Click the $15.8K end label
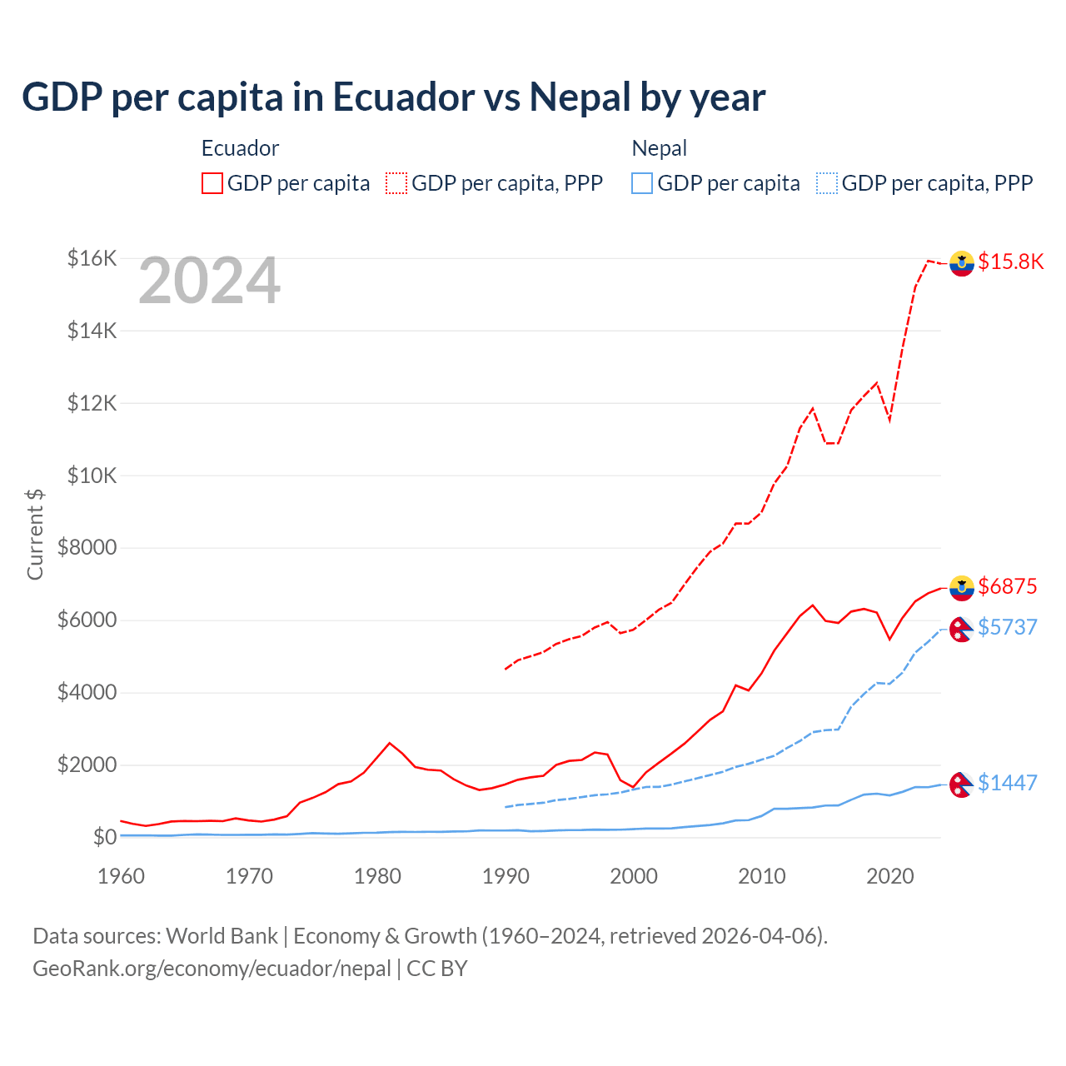1010,262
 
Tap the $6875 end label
1008,586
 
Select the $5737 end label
1008,626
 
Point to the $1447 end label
1008,783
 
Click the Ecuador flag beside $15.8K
962,263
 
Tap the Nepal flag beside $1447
962,785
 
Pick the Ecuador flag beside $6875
962,588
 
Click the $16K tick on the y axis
92,258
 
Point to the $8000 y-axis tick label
87,548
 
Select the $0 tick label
104,837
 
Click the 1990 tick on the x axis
506,876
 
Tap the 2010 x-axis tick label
762,876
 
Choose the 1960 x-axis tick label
122,876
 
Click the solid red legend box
212,183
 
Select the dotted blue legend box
827,183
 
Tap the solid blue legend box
642,183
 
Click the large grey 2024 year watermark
209,281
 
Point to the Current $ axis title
35,535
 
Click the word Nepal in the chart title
580,97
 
